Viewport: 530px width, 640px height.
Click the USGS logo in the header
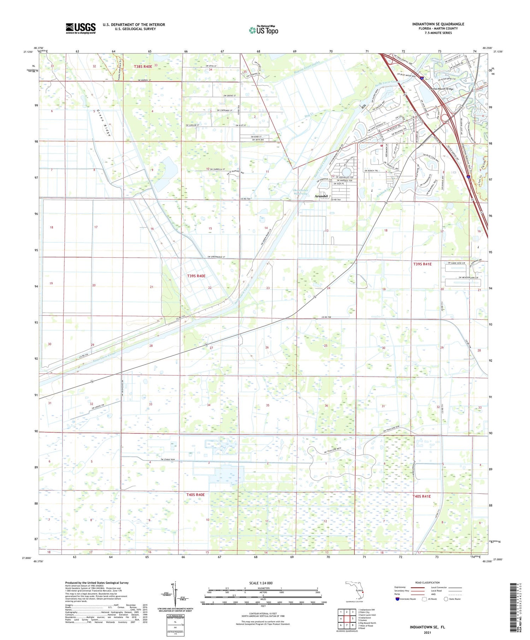tap(81, 28)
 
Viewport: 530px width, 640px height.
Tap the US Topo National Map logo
tap(263, 30)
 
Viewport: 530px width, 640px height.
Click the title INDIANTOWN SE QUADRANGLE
tap(438, 24)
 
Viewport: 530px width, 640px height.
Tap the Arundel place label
tap(321, 196)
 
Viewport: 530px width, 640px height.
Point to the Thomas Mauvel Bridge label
tap(441, 89)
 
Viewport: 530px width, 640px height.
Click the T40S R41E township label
tap(422, 496)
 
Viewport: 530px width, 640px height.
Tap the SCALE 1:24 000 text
tap(263, 583)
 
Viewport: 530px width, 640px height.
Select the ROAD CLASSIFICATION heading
tap(428, 582)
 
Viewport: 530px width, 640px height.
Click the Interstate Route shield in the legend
tap(397, 599)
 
